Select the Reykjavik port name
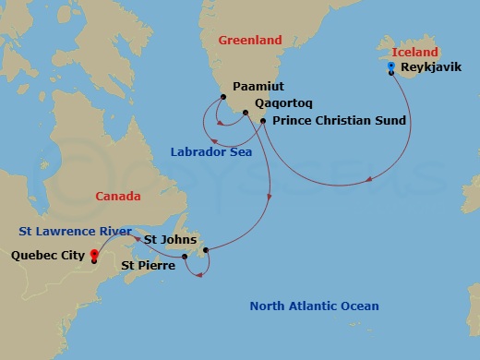tap(432, 68)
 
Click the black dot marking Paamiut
tap(222, 97)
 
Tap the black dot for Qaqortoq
tap(245, 114)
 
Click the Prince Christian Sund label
tap(333, 122)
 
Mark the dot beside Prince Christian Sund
tap(263, 121)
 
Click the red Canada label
tap(118, 196)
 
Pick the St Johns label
tap(169, 239)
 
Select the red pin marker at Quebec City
tap(94, 255)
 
